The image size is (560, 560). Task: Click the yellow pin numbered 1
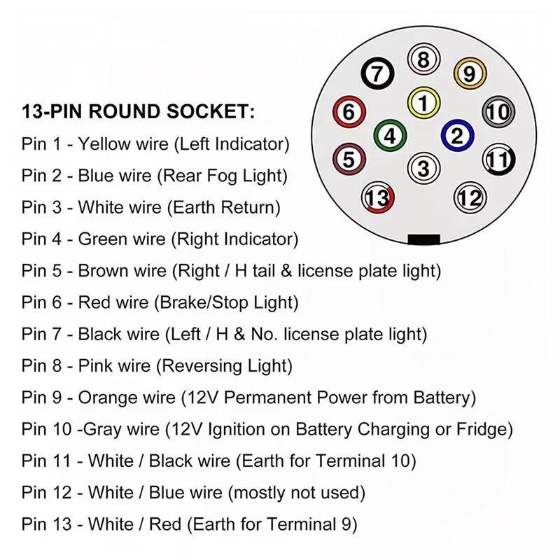pos(423,103)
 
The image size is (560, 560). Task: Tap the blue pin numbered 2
pos(458,135)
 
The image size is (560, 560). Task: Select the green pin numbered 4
pos(390,136)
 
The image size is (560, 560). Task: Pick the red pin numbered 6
pos(349,112)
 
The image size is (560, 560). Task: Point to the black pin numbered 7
pos(377,73)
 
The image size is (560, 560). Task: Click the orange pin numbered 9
pos(470,73)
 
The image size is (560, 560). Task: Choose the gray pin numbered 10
pos(498,112)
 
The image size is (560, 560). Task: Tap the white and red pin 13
pos(378,197)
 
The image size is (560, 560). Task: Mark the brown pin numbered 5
pos(349,160)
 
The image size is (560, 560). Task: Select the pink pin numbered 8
pos(423,59)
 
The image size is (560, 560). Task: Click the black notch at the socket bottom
pos(424,239)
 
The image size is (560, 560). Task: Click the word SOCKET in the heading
pos(211,111)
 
